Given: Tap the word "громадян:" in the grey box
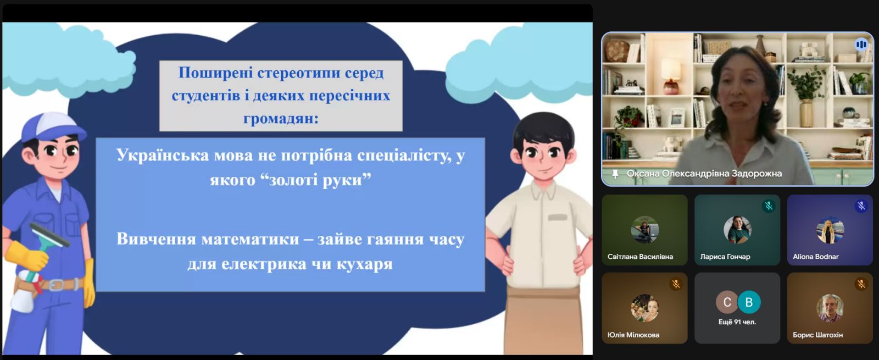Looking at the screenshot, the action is tap(281, 119).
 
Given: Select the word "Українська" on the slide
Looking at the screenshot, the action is tap(163, 156).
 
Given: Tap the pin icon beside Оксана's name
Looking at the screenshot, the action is tap(615, 174).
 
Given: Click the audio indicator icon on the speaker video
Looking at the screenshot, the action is tap(861, 45).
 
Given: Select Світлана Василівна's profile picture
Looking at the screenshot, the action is tap(644, 230).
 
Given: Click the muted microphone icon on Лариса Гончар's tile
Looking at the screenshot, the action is tap(769, 206).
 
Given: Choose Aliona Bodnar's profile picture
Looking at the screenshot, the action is tap(830, 230).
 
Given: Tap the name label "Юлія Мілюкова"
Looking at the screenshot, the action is tap(633, 335).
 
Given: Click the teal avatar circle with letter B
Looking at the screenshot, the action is tap(749, 302).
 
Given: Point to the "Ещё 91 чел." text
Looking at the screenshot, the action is tap(737, 322).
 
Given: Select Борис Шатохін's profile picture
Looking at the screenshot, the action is tap(830, 308).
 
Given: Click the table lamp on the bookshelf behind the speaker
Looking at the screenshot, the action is tap(671, 76).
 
